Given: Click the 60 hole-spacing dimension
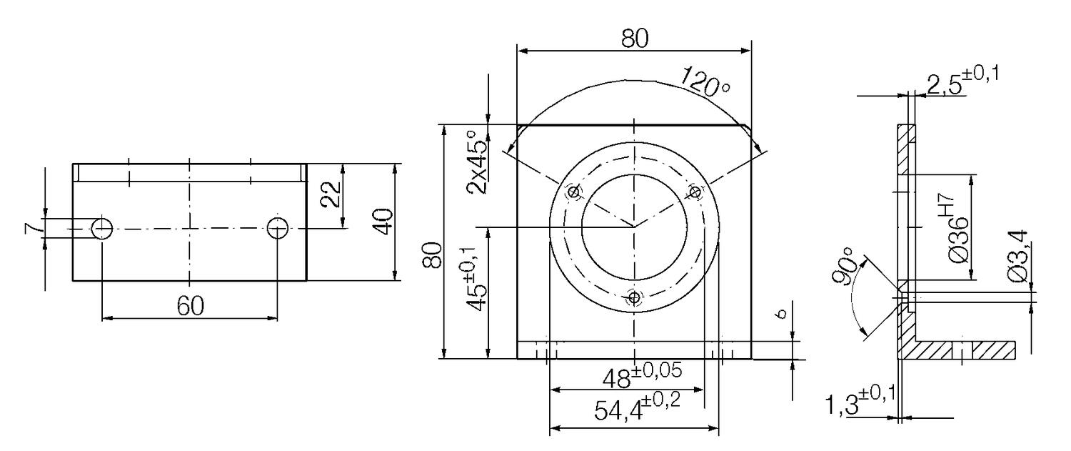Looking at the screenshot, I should [x=190, y=305].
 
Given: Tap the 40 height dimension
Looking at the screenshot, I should [x=383, y=222].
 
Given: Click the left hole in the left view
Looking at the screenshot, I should [x=102, y=229].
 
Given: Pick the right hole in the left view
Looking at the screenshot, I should [x=278, y=229].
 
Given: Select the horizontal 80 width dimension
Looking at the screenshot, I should [x=634, y=39].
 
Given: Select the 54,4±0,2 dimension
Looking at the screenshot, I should [x=637, y=410].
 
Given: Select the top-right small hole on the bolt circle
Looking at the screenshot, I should [x=695, y=192].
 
